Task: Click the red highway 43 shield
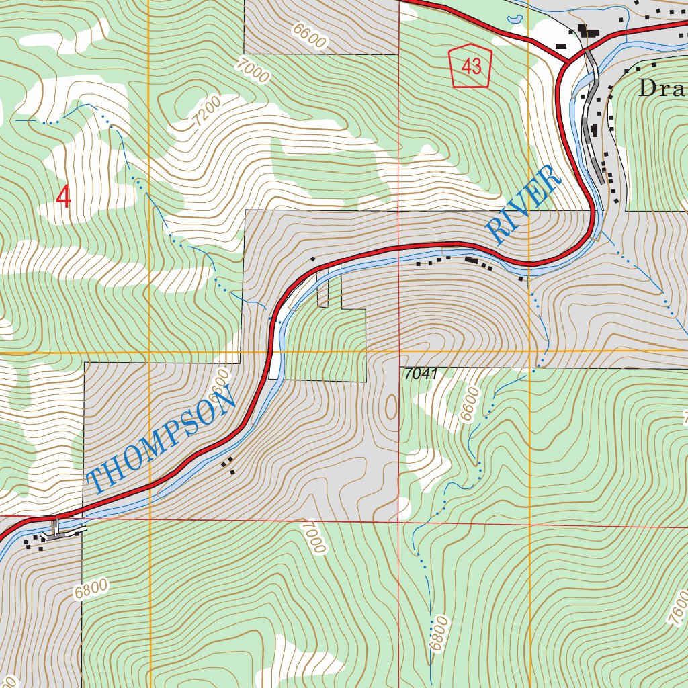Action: click(x=471, y=67)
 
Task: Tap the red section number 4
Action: click(x=64, y=196)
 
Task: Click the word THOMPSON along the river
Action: click(x=161, y=441)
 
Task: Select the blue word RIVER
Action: click(x=524, y=205)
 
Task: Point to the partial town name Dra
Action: click(x=662, y=88)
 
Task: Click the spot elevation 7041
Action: click(x=421, y=374)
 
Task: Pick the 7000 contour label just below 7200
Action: click(x=252, y=70)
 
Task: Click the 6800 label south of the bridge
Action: click(x=91, y=590)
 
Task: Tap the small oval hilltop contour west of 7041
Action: click(x=391, y=406)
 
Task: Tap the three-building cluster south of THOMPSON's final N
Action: click(x=228, y=464)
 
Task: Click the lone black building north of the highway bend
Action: click(x=312, y=259)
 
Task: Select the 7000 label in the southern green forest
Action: click(x=313, y=537)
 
